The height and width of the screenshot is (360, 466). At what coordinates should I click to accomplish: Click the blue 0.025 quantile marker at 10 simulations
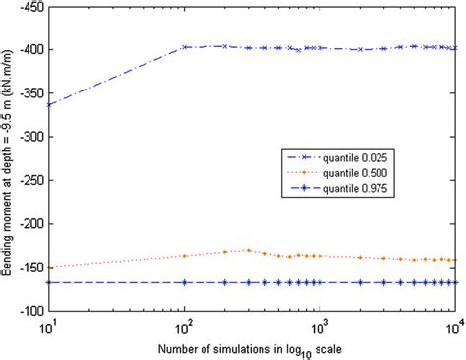(49, 104)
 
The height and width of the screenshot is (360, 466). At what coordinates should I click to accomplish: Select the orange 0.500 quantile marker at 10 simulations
(49, 267)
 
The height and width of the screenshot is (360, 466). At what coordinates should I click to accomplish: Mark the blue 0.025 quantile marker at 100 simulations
(185, 47)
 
